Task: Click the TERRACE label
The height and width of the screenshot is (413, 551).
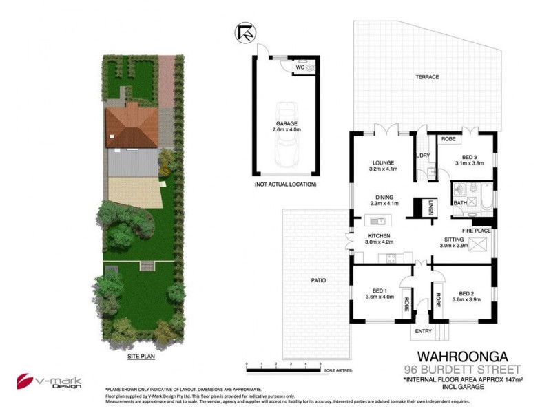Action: [x=427, y=77]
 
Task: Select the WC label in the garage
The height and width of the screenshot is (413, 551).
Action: [x=300, y=67]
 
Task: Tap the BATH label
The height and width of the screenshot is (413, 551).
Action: [x=459, y=203]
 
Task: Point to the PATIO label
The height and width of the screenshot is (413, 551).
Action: [x=318, y=280]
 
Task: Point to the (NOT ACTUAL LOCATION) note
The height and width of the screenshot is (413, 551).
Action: [x=284, y=185]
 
